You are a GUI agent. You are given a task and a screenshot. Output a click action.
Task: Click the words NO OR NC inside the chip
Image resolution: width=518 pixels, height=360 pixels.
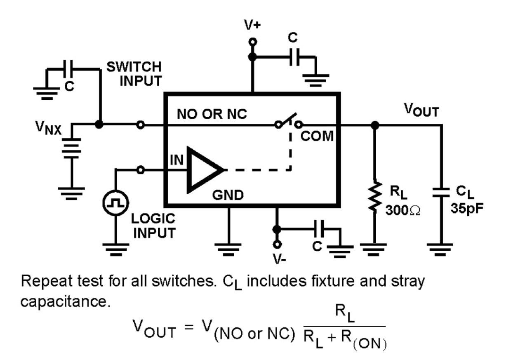pos(212,114)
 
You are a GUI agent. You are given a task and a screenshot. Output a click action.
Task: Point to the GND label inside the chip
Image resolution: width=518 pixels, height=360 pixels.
pos(228,195)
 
